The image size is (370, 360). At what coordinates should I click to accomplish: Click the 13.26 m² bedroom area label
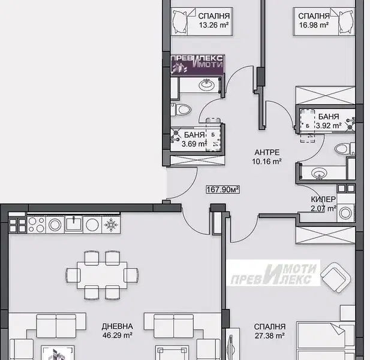click(214, 25)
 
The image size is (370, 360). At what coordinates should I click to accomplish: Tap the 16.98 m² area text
click(314, 25)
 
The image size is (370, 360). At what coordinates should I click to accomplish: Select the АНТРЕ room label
click(267, 152)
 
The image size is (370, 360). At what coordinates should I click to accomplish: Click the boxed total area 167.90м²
click(222, 189)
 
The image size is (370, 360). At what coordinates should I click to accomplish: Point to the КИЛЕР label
click(323, 199)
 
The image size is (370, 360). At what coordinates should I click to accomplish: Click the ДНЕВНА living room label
click(118, 326)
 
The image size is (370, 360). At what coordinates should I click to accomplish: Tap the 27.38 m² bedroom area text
click(269, 335)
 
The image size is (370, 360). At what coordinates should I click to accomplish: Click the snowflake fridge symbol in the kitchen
click(111, 225)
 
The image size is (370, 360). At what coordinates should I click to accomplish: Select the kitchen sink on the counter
click(74, 224)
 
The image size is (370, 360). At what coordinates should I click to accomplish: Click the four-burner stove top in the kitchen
click(37, 224)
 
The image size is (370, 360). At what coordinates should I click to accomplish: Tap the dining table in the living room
click(102, 275)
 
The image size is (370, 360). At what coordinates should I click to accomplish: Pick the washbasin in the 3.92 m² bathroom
click(319, 173)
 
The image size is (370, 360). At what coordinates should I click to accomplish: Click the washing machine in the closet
click(345, 213)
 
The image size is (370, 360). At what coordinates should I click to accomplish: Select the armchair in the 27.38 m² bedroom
click(335, 277)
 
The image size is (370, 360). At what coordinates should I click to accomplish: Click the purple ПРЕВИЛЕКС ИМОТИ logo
click(197, 64)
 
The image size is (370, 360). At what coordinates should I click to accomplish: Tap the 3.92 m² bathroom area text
click(329, 125)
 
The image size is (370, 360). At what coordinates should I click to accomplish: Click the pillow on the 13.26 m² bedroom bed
click(180, 22)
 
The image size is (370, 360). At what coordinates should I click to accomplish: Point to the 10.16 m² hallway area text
click(267, 162)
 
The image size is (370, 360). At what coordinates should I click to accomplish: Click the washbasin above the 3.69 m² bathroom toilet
click(206, 84)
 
